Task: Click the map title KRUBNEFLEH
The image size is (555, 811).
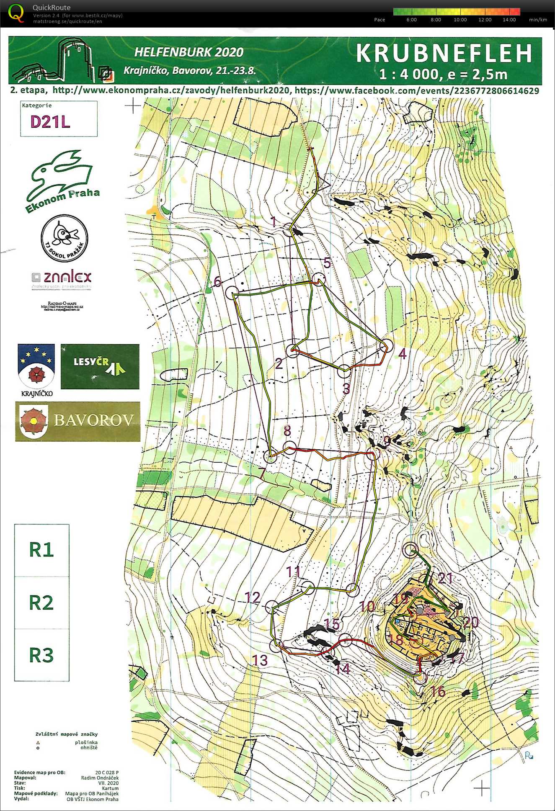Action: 444,54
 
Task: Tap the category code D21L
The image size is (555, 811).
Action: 50,121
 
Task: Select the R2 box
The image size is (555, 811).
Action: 41,602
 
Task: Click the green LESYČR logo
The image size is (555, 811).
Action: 100,366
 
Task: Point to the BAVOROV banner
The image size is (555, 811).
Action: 78,421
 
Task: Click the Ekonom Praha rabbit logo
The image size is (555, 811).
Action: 63,180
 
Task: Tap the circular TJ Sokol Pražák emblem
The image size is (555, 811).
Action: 64,237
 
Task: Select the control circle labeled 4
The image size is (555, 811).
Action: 387,346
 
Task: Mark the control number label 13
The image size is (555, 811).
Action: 260,660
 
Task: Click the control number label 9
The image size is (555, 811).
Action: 387,440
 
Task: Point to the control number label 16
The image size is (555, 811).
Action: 438,691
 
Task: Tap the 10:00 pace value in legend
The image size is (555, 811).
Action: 460,20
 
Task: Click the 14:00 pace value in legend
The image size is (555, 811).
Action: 509,20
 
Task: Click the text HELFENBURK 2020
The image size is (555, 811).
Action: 188,52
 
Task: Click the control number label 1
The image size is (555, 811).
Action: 274,221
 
